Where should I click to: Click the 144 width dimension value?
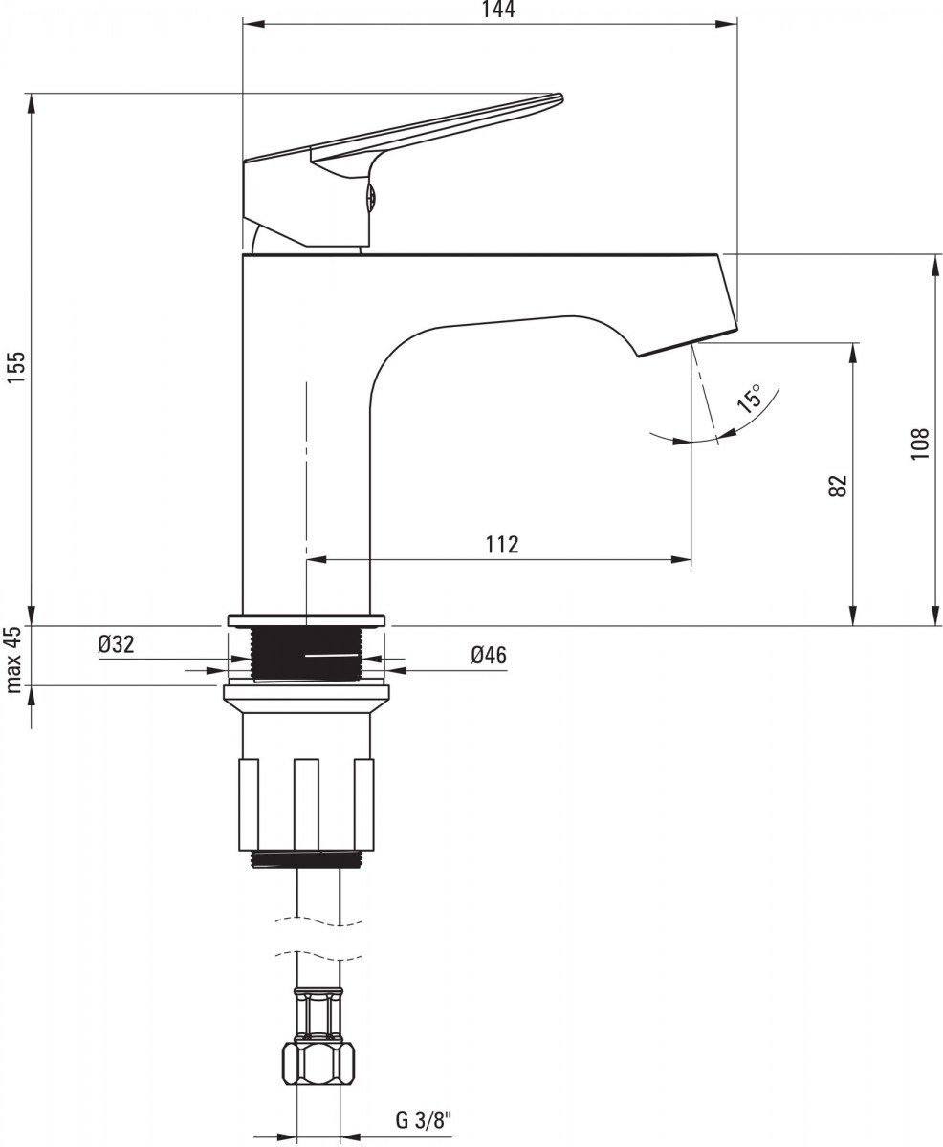coord(498,10)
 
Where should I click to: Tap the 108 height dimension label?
coord(920,444)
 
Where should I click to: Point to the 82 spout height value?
coord(838,486)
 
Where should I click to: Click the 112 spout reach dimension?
coord(502,545)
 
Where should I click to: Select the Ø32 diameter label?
coord(116,645)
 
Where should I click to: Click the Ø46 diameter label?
coord(489,656)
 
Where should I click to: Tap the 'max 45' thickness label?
coord(14,660)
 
